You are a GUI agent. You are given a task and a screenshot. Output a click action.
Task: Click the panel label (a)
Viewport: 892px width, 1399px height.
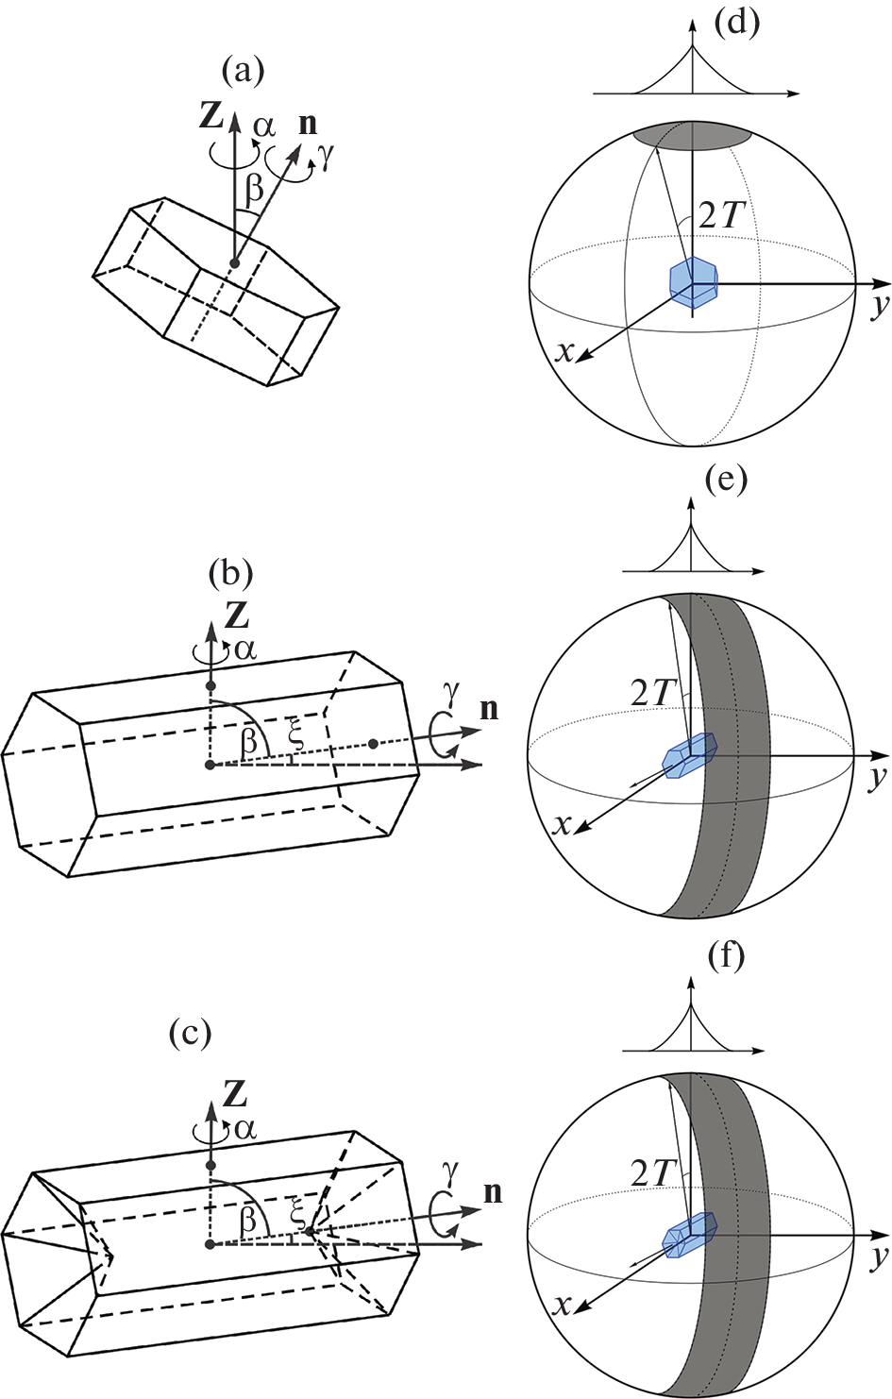[242, 70]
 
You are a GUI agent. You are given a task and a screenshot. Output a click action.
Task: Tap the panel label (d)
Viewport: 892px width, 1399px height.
[736, 22]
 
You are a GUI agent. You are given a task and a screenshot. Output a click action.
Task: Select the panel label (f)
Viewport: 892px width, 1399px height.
[726, 956]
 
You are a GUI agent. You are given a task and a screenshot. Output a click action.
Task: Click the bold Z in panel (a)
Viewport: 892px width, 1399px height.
[211, 115]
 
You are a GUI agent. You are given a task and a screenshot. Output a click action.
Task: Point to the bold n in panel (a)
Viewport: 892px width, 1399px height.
[308, 124]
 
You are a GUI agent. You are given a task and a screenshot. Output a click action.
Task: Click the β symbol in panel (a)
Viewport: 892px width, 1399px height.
[254, 189]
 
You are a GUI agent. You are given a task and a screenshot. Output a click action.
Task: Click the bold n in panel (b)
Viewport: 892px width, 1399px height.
[489, 709]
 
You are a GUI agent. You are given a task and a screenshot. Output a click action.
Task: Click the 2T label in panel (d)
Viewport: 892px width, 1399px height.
[722, 216]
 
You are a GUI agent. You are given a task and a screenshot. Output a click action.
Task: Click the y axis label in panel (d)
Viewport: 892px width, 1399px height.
[879, 305]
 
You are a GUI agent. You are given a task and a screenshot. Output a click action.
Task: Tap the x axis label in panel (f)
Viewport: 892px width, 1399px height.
[563, 1305]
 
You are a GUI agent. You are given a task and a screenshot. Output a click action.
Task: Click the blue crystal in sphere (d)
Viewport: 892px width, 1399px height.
[693, 279]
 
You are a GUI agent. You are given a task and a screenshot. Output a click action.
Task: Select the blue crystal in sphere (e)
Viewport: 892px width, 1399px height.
[689, 755]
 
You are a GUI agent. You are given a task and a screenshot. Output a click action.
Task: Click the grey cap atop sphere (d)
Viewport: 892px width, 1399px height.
[693, 136]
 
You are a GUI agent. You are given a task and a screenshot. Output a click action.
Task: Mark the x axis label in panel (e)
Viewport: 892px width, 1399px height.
[563, 825]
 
